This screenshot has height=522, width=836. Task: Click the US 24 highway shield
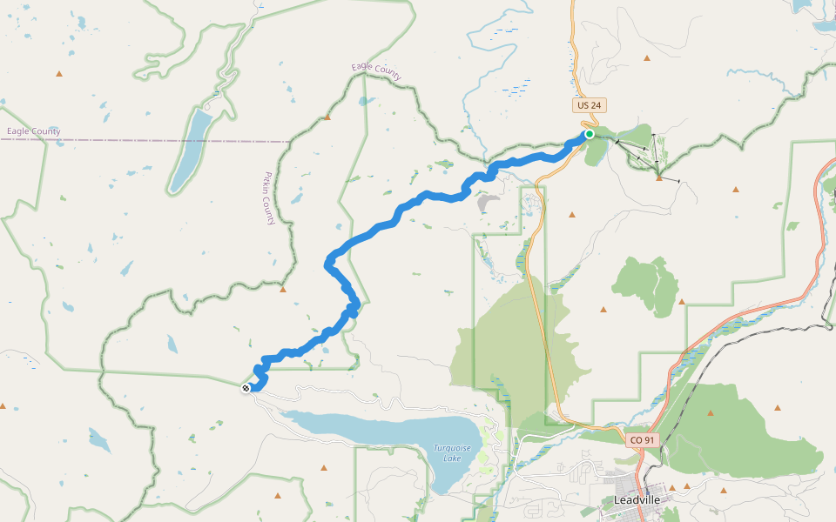(x=590, y=105)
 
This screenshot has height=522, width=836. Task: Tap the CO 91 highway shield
(x=642, y=441)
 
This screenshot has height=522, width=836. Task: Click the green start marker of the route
(x=590, y=134)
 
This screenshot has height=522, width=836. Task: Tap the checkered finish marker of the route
(x=246, y=388)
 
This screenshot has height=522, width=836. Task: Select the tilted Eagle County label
(x=376, y=71)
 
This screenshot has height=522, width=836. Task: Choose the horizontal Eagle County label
(x=33, y=132)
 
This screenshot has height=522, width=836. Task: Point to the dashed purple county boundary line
(x=174, y=140)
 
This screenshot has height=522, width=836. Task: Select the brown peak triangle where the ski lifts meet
(x=659, y=177)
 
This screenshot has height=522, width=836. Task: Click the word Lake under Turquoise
(x=453, y=458)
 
